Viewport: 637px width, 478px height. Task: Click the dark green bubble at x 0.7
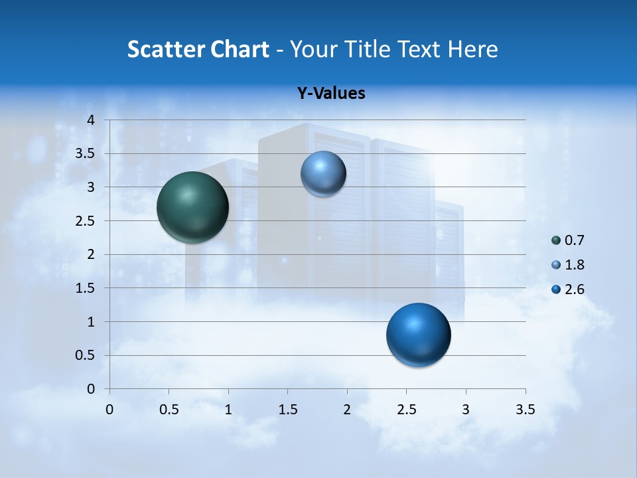click(193, 207)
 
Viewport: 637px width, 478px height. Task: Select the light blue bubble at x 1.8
click(323, 174)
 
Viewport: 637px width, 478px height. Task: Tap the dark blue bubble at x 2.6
click(418, 335)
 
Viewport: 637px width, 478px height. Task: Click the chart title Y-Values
click(331, 94)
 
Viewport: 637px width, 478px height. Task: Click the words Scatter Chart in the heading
click(198, 49)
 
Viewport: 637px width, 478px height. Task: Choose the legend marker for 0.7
click(556, 240)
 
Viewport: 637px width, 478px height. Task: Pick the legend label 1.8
click(574, 265)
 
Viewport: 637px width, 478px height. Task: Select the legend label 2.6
click(574, 289)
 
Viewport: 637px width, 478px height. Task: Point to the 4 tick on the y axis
click(92, 120)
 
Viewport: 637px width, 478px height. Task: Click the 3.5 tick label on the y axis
click(84, 154)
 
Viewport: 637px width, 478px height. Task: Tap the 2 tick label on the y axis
click(92, 255)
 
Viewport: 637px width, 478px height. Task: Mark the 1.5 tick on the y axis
click(84, 288)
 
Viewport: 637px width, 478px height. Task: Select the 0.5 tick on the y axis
click(84, 356)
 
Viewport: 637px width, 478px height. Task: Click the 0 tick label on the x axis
click(110, 410)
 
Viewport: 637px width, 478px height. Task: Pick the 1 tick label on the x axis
click(228, 410)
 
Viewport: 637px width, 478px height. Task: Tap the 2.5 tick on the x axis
click(407, 410)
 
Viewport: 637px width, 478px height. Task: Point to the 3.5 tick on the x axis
click(526, 410)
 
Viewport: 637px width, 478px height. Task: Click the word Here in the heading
click(472, 49)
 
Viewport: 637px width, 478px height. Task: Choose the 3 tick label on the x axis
click(466, 410)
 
